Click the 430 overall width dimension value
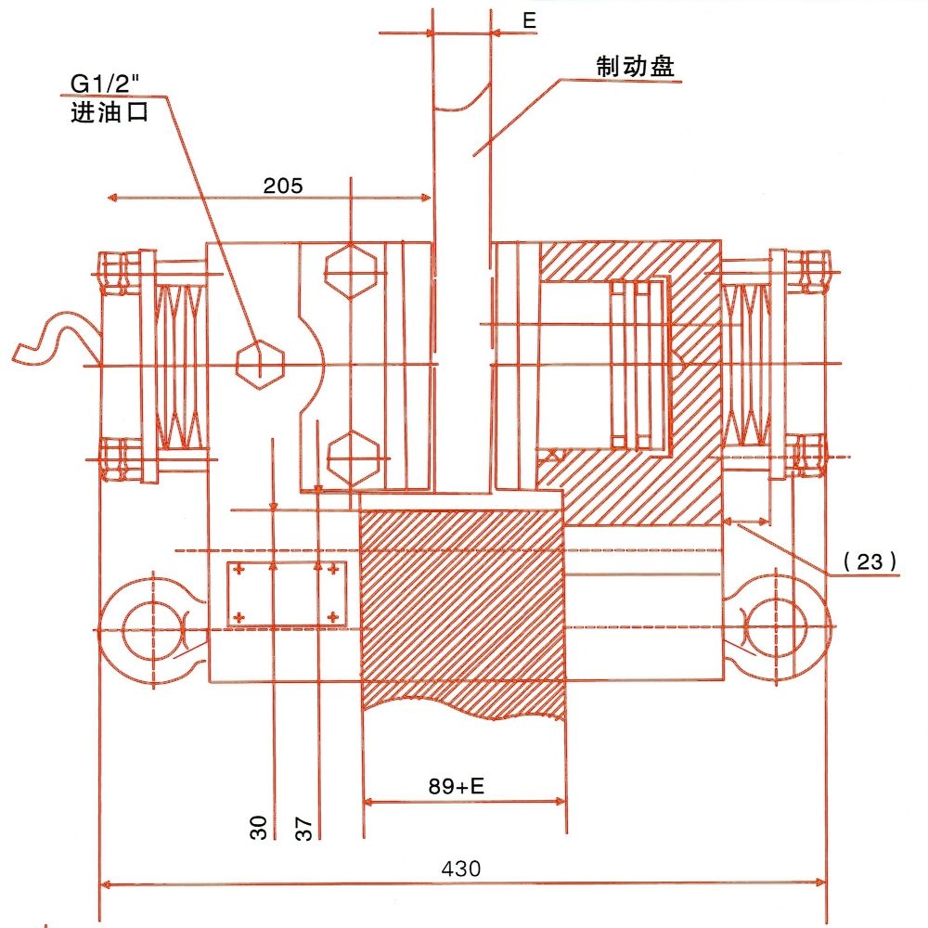[461, 870]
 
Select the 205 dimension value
[282, 186]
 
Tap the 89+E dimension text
[457, 787]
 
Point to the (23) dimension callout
[870, 561]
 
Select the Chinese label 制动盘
[635, 66]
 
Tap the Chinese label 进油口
[109, 115]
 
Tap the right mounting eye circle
[779, 627]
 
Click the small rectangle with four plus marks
[286, 593]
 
